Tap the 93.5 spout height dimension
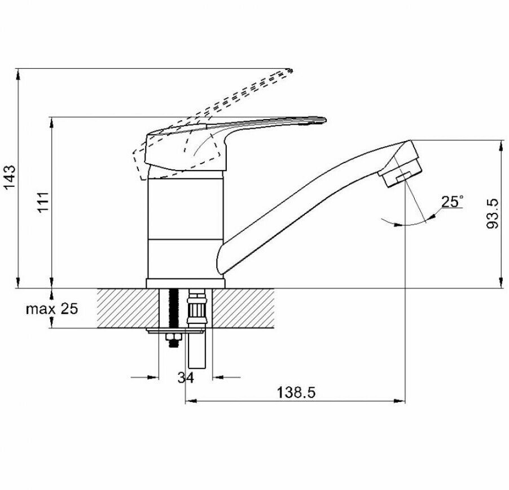(x=492, y=213)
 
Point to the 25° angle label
(x=451, y=202)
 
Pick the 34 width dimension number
(x=186, y=378)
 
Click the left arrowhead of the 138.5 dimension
(x=190, y=401)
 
